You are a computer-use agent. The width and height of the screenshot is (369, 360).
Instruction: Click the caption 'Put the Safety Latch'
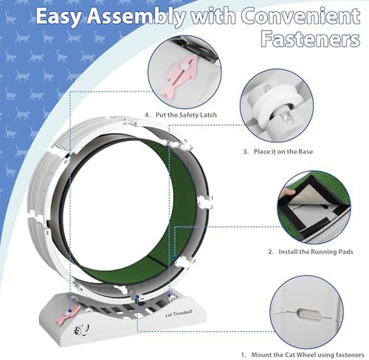coord(186,115)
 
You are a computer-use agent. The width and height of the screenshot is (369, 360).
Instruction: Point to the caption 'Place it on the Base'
coord(283,152)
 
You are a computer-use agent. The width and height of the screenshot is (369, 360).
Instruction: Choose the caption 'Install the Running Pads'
coord(316,252)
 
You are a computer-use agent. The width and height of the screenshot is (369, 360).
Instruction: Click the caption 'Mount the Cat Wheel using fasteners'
coord(308,355)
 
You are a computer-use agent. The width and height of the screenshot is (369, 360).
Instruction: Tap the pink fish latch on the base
coord(67,314)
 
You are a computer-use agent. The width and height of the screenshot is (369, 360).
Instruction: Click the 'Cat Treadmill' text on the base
coord(178,313)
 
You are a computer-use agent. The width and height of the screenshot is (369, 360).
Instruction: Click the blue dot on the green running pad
coord(175,258)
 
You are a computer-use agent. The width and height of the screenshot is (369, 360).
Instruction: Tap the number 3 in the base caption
coord(245,152)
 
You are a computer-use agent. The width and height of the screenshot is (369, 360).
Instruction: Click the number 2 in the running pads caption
coord(270,252)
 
